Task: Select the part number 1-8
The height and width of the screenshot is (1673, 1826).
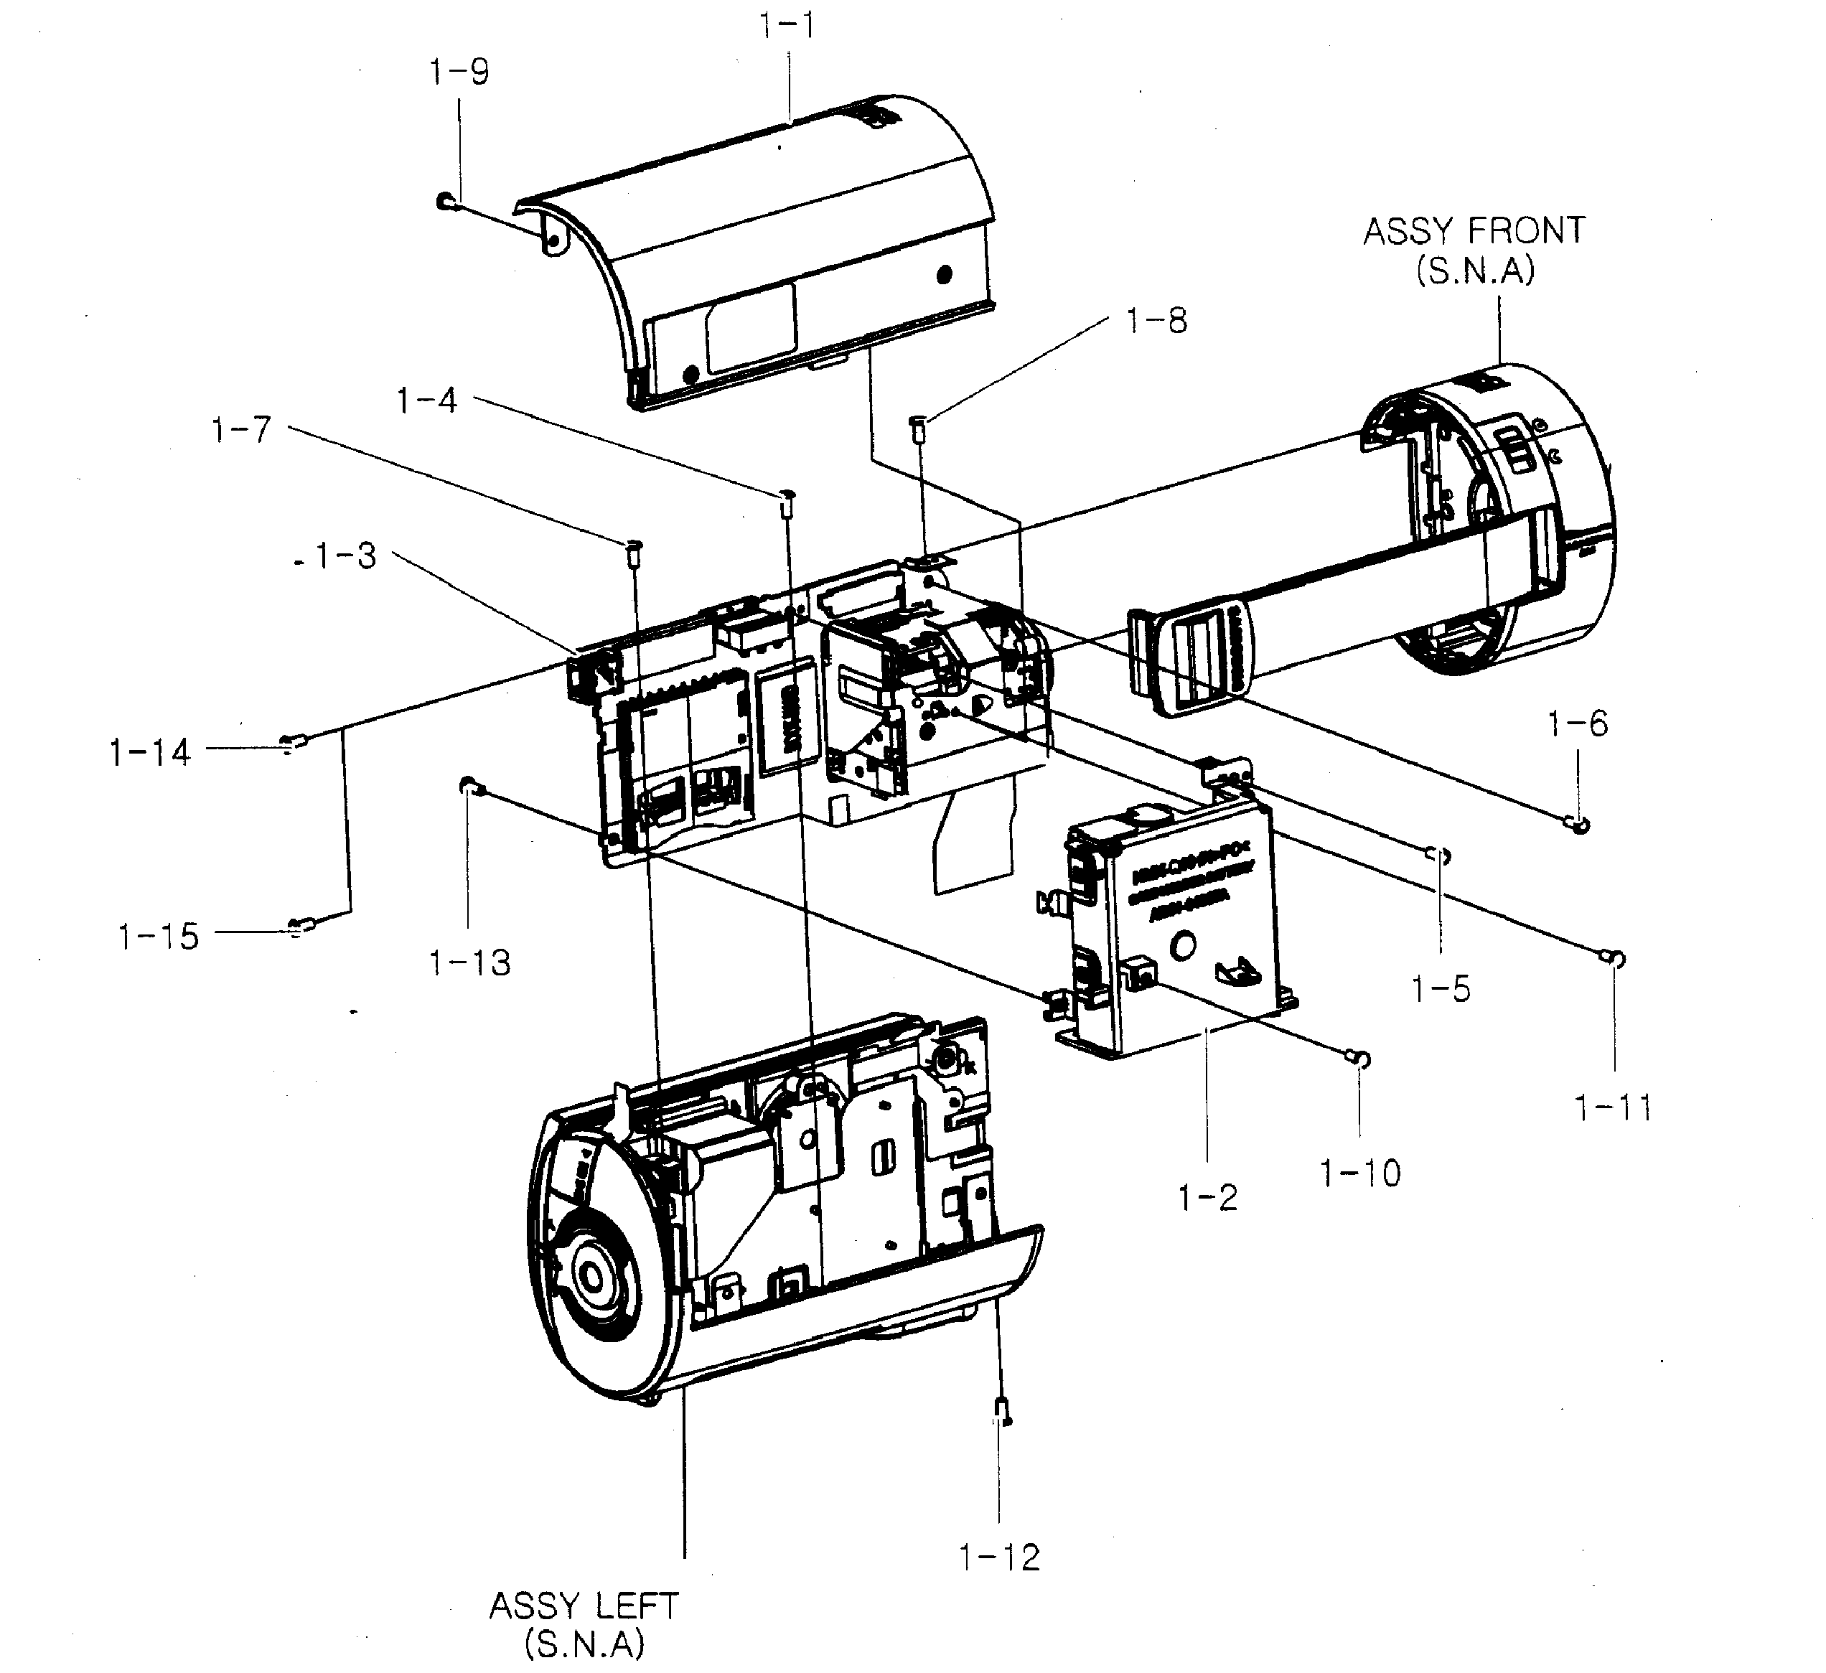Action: point(1156,321)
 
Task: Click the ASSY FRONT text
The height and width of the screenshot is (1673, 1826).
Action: point(1474,232)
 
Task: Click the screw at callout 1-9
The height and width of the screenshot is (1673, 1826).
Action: point(445,201)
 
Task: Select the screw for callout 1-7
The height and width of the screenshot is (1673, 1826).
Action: point(633,550)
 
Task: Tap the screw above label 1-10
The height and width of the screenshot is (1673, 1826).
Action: point(1359,1057)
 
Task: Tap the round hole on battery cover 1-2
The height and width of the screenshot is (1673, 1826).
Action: point(1183,947)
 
